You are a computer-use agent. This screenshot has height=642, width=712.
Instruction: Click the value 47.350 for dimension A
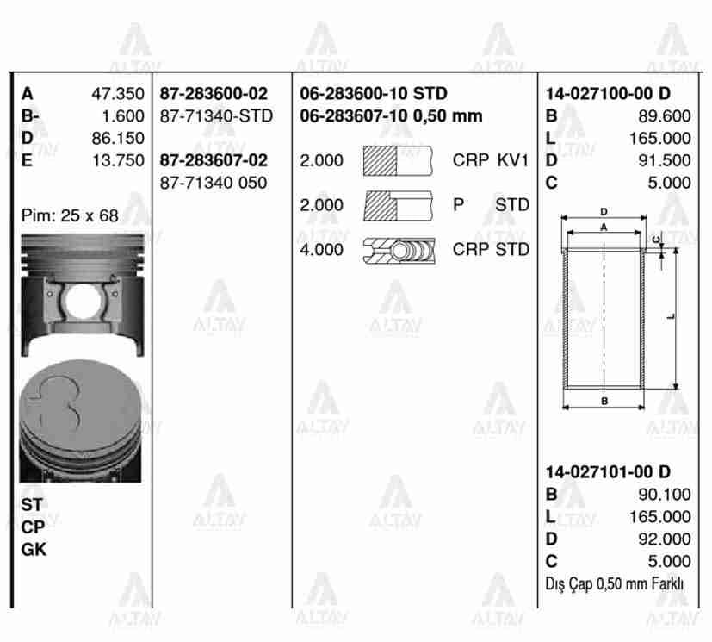pyautogui.click(x=118, y=94)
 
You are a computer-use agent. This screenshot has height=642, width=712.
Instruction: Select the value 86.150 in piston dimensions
pyautogui.click(x=118, y=138)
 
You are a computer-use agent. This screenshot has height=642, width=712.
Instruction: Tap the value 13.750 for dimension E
pyautogui.click(x=118, y=160)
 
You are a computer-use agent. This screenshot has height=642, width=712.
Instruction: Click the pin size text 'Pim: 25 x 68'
pyautogui.click(x=70, y=216)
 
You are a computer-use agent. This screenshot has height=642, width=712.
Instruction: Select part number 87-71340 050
pyautogui.click(x=214, y=183)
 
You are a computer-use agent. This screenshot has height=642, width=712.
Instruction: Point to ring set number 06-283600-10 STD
pyautogui.click(x=373, y=94)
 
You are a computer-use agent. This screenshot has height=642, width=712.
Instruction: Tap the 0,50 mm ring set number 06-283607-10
pyautogui.click(x=390, y=116)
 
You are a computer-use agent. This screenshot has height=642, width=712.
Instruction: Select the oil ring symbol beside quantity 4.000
pyautogui.click(x=399, y=250)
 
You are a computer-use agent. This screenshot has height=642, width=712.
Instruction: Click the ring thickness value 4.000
pyautogui.click(x=321, y=250)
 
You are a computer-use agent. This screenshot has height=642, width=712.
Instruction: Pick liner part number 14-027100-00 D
pyautogui.click(x=608, y=94)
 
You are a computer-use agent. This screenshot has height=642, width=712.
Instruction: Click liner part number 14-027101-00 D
pyautogui.click(x=608, y=471)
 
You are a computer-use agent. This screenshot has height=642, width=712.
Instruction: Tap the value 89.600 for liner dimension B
pyautogui.click(x=664, y=116)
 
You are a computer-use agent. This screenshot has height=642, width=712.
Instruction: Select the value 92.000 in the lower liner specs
pyautogui.click(x=664, y=539)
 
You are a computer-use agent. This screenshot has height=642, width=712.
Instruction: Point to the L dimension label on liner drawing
pyautogui.click(x=671, y=316)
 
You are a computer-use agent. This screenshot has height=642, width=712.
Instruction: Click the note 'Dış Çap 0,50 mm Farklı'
pyautogui.click(x=615, y=583)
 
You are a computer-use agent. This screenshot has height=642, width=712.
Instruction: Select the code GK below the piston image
pyautogui.click(x=34, y=549)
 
